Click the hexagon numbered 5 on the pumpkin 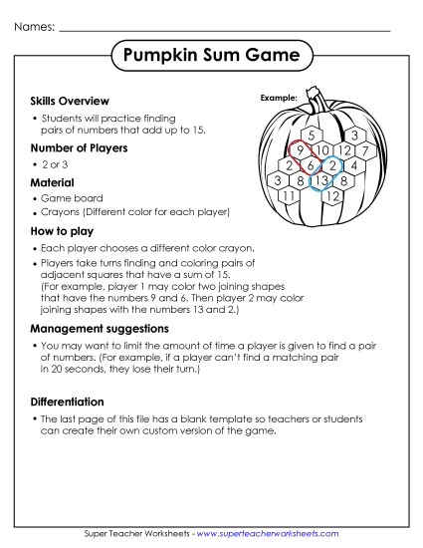(312, 135)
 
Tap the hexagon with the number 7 (365, 150)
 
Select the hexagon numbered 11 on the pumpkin (288, 196)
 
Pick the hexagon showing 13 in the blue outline (322, 180)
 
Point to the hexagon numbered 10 (322, 150)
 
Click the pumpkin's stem (316, 103)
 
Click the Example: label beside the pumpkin (279, 98)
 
